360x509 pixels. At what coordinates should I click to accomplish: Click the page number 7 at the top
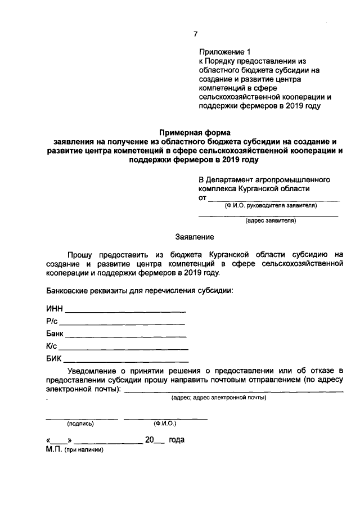pos(196,34)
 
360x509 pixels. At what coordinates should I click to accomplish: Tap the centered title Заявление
pos(194,238)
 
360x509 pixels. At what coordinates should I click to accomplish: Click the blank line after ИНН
pos(126,311)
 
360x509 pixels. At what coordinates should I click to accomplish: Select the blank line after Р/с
pos(122,323)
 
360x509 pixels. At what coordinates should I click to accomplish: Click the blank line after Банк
pos(126,336)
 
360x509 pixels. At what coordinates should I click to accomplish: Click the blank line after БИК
pos(126,361)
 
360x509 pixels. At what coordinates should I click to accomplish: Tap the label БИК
pos(54,358)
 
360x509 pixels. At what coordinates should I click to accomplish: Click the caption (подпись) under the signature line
pos(80,424)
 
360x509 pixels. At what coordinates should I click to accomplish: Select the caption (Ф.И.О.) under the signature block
pos(165,424)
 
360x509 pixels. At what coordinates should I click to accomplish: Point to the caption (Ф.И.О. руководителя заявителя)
pos(270,205)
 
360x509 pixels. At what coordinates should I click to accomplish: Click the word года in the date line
pos(177,440)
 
